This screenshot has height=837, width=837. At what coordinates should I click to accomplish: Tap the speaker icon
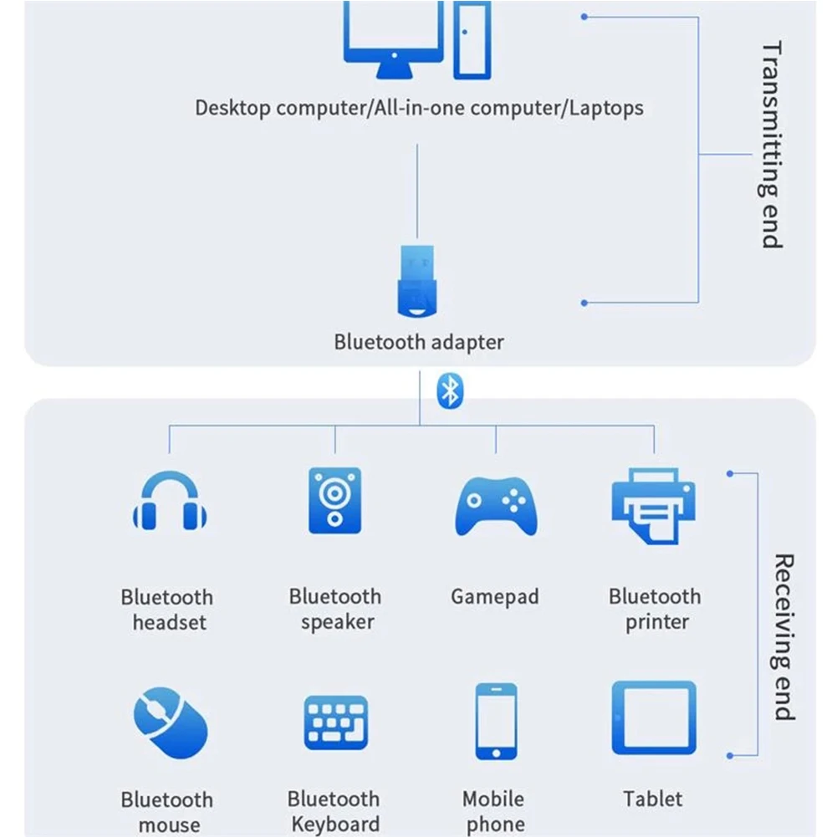pyautogui.click(x=334, y=501)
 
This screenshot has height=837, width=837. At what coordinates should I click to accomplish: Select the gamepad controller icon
pyautogui.click(x=495, y=504)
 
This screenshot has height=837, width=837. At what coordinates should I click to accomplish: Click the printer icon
pyautogui.click(x=654, y=504)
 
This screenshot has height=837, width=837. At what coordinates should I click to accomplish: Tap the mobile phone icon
pyautogui.click(x=496, y=722)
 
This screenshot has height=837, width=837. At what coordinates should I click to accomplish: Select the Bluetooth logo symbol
pyautogui.click(x=450, y=390)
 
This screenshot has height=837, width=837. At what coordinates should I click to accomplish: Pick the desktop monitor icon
pyautogui.click(x=392, y=38)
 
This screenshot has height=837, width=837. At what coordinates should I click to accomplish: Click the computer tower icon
pyautogui.click(x=472, y=39)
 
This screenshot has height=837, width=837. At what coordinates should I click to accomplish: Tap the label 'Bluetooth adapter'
pyautogui.click(x=419, y=342)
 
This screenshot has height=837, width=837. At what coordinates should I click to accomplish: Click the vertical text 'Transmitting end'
pyautogui.click(x=771, y=145)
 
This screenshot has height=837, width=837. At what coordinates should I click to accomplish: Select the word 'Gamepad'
pyautogui.click(x=495, y=597)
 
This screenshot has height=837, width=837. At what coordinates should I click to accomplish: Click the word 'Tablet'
pyautogui.click(x=653, y=799)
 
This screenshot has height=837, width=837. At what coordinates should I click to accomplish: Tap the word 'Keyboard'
pyautogui.click(x=335, y=824)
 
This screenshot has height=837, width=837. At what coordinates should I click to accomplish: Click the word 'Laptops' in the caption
pyautogui.click(x=607, y=108)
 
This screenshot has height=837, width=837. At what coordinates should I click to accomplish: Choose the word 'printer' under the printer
pyautogui.click(x=657, y=623)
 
